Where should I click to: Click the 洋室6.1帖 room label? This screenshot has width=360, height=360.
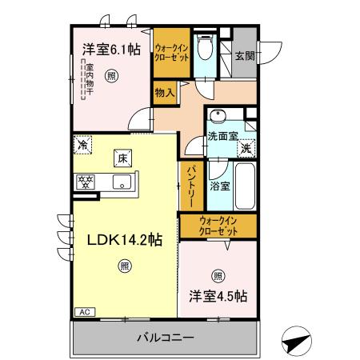click(110, 49)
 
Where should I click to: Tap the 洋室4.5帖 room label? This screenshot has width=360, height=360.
click(217, 294)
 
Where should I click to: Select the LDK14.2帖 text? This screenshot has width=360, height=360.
click(119, 238)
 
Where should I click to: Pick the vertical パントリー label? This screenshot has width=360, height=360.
click(193, 183)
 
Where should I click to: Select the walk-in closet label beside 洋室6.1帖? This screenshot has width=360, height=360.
click(172, 53)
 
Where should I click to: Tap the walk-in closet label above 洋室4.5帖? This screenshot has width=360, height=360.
click(218, 225)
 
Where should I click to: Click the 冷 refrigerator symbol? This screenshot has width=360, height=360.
click(83, 145)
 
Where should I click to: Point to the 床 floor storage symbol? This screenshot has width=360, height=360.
click(122, 158)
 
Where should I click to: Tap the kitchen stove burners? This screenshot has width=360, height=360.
click(86, 181)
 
